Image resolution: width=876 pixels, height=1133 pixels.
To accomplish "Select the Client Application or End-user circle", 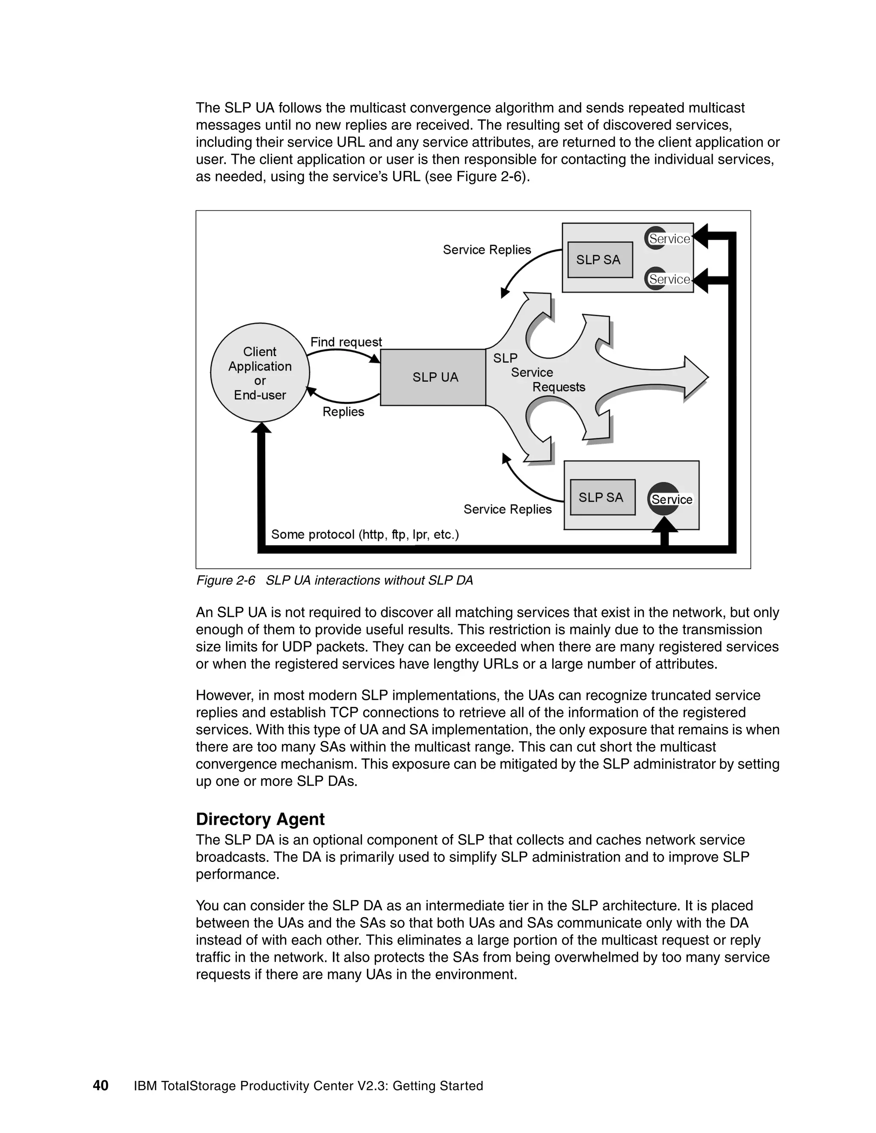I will pos(260,373).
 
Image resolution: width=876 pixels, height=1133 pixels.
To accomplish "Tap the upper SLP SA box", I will pos(600,260).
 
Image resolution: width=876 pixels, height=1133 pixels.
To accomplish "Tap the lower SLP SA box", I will pos(602,497).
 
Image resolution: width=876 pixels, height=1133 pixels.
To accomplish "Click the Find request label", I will pos(346,342).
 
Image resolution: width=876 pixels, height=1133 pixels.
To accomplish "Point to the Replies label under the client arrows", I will pos(343,411).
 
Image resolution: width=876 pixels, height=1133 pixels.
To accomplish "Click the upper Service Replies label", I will pos(486,250).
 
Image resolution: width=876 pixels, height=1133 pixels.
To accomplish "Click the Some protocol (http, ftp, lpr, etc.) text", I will pos(365,534).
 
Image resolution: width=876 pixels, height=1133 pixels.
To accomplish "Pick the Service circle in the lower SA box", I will pos(664,499).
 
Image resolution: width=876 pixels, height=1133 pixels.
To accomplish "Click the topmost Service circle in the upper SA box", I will pos(656,238).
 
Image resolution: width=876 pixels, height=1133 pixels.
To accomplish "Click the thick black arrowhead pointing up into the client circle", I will pos(261,428).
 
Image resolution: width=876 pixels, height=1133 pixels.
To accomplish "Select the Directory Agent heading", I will pos(260,819).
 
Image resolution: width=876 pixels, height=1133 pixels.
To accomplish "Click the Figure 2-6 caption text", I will pos(334,580).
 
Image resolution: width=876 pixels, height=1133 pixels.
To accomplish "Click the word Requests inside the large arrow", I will pos(558,387).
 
